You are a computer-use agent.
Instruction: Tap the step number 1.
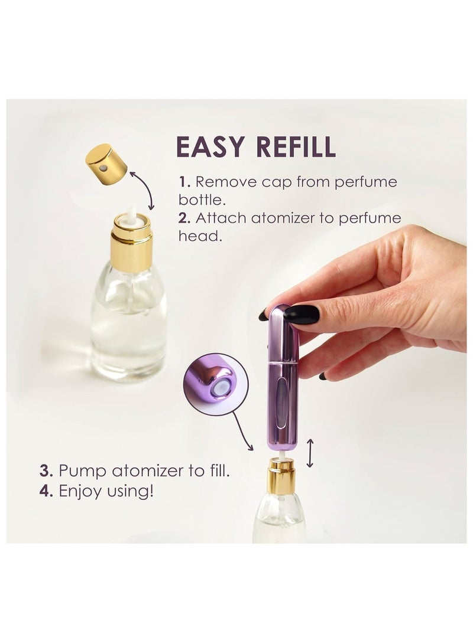184,181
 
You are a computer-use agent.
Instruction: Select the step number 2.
184,218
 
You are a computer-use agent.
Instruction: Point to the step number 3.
47,471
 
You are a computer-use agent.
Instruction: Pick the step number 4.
47,491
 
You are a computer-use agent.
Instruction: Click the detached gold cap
106,164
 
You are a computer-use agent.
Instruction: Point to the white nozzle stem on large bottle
132,215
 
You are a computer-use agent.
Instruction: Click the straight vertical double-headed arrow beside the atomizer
310,453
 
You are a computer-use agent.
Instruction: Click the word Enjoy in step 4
79,491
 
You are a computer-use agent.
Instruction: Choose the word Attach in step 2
221,218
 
